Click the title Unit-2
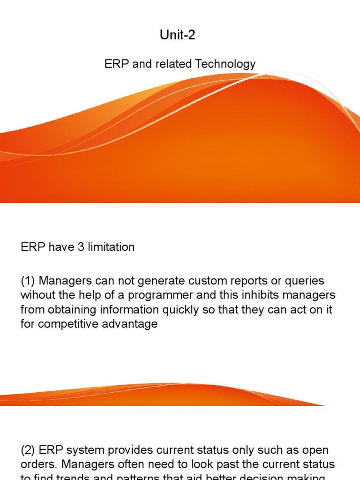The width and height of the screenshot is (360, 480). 178,35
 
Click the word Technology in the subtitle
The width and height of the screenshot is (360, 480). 226,64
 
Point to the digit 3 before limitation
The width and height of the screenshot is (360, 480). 81,247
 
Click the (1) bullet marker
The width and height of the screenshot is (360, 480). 28,281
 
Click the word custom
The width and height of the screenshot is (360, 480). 201,281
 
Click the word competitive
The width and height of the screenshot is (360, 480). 66,324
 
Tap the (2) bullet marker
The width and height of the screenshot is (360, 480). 28,450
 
